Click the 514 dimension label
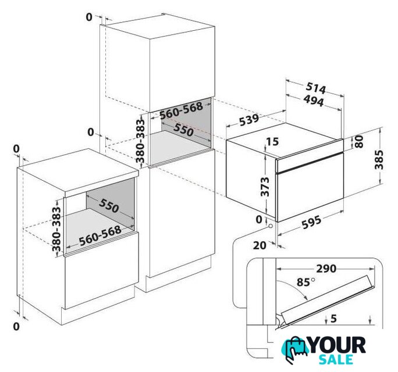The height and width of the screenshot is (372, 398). coord(315,88)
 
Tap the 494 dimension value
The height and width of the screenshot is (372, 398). coord(314,101)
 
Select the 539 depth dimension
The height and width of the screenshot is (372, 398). coord(249,120)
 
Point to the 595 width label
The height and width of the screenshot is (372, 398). coord(311,222)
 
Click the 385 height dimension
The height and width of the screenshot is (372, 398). coord(379,159)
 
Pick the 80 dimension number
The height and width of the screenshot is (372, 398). coord(359,141)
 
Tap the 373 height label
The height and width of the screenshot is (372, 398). coord(265,187)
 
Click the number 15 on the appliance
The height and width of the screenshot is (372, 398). coord(273,141)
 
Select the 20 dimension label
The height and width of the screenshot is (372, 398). coord(260,245)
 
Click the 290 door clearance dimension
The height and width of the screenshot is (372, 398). coord(326,269)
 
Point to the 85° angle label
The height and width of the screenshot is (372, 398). coord(306,282)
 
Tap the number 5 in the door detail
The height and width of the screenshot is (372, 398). coord(334,319)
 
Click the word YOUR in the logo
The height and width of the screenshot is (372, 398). coord(337,345)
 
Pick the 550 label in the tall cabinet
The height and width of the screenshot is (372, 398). coord(183,130)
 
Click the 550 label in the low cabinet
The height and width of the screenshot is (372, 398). coord(109,205)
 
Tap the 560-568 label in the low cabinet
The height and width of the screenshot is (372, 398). coord(100,235)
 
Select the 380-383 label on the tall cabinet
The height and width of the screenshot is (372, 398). coord(140,141)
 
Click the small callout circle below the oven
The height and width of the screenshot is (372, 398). coord(270,226)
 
